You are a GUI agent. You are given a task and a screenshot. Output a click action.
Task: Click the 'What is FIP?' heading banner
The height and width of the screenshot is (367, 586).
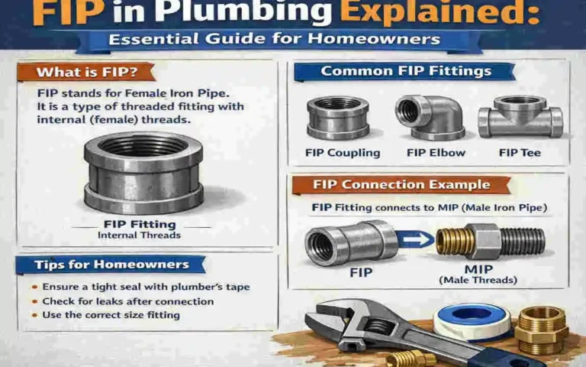85,73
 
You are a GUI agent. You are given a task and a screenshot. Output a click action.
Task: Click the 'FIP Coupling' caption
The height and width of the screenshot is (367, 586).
343,153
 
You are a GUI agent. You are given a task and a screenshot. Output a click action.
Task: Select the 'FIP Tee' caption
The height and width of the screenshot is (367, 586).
520,153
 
